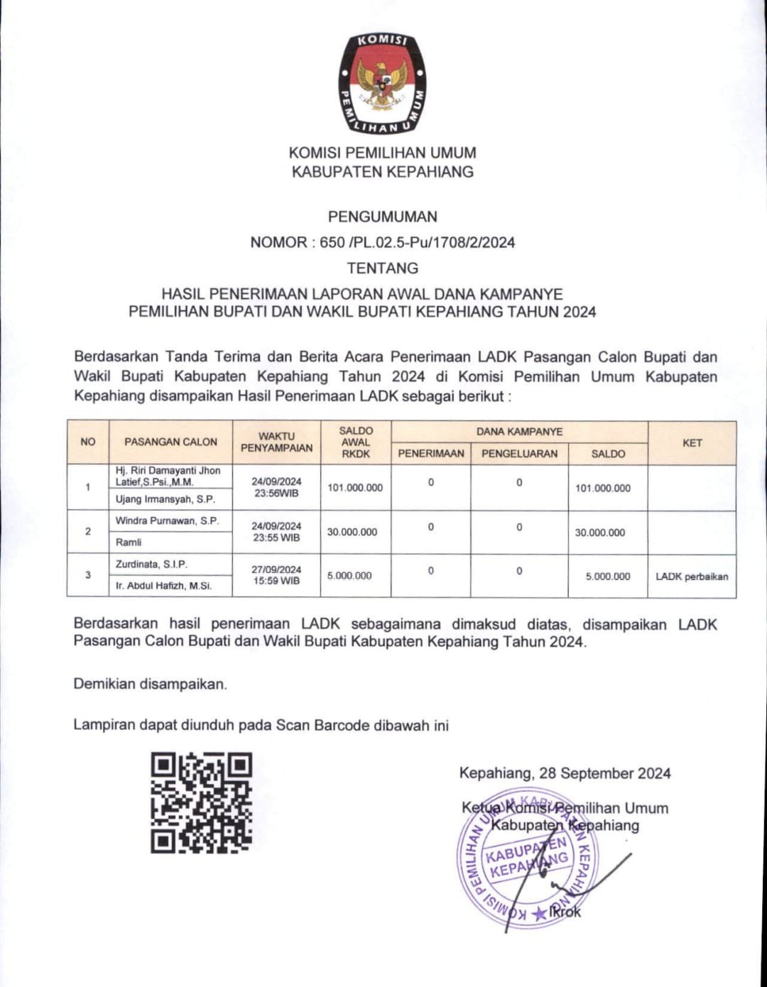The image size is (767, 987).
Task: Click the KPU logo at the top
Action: pos(382,83)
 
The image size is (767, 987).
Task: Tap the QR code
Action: pos(202,802)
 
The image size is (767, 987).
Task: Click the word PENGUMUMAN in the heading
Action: pos(382,217)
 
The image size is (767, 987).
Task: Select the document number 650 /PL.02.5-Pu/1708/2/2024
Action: pos(417,242)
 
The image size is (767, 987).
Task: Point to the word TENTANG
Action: pos(382,268)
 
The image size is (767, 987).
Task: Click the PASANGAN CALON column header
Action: pos(170,442)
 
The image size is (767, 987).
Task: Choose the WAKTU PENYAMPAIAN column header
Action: pos(276,442)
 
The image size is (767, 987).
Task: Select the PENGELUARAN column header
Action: pos(519,454)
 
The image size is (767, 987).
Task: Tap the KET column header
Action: pos(692,442)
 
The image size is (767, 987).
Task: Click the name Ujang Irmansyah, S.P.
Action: pos(165,499)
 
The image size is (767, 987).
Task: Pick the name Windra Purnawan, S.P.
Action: pos(168,520)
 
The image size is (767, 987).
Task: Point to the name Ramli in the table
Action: pos(129,542)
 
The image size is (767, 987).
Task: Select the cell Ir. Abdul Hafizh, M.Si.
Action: pos(163,586)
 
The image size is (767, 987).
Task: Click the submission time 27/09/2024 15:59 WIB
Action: pos(276,575)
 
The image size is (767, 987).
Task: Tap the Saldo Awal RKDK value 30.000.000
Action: pos(352,532)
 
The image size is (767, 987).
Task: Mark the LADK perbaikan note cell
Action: pos(692,576)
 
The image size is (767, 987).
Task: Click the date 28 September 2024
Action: pos(604,773)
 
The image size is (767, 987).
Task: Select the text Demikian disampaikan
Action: pos(151,685)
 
